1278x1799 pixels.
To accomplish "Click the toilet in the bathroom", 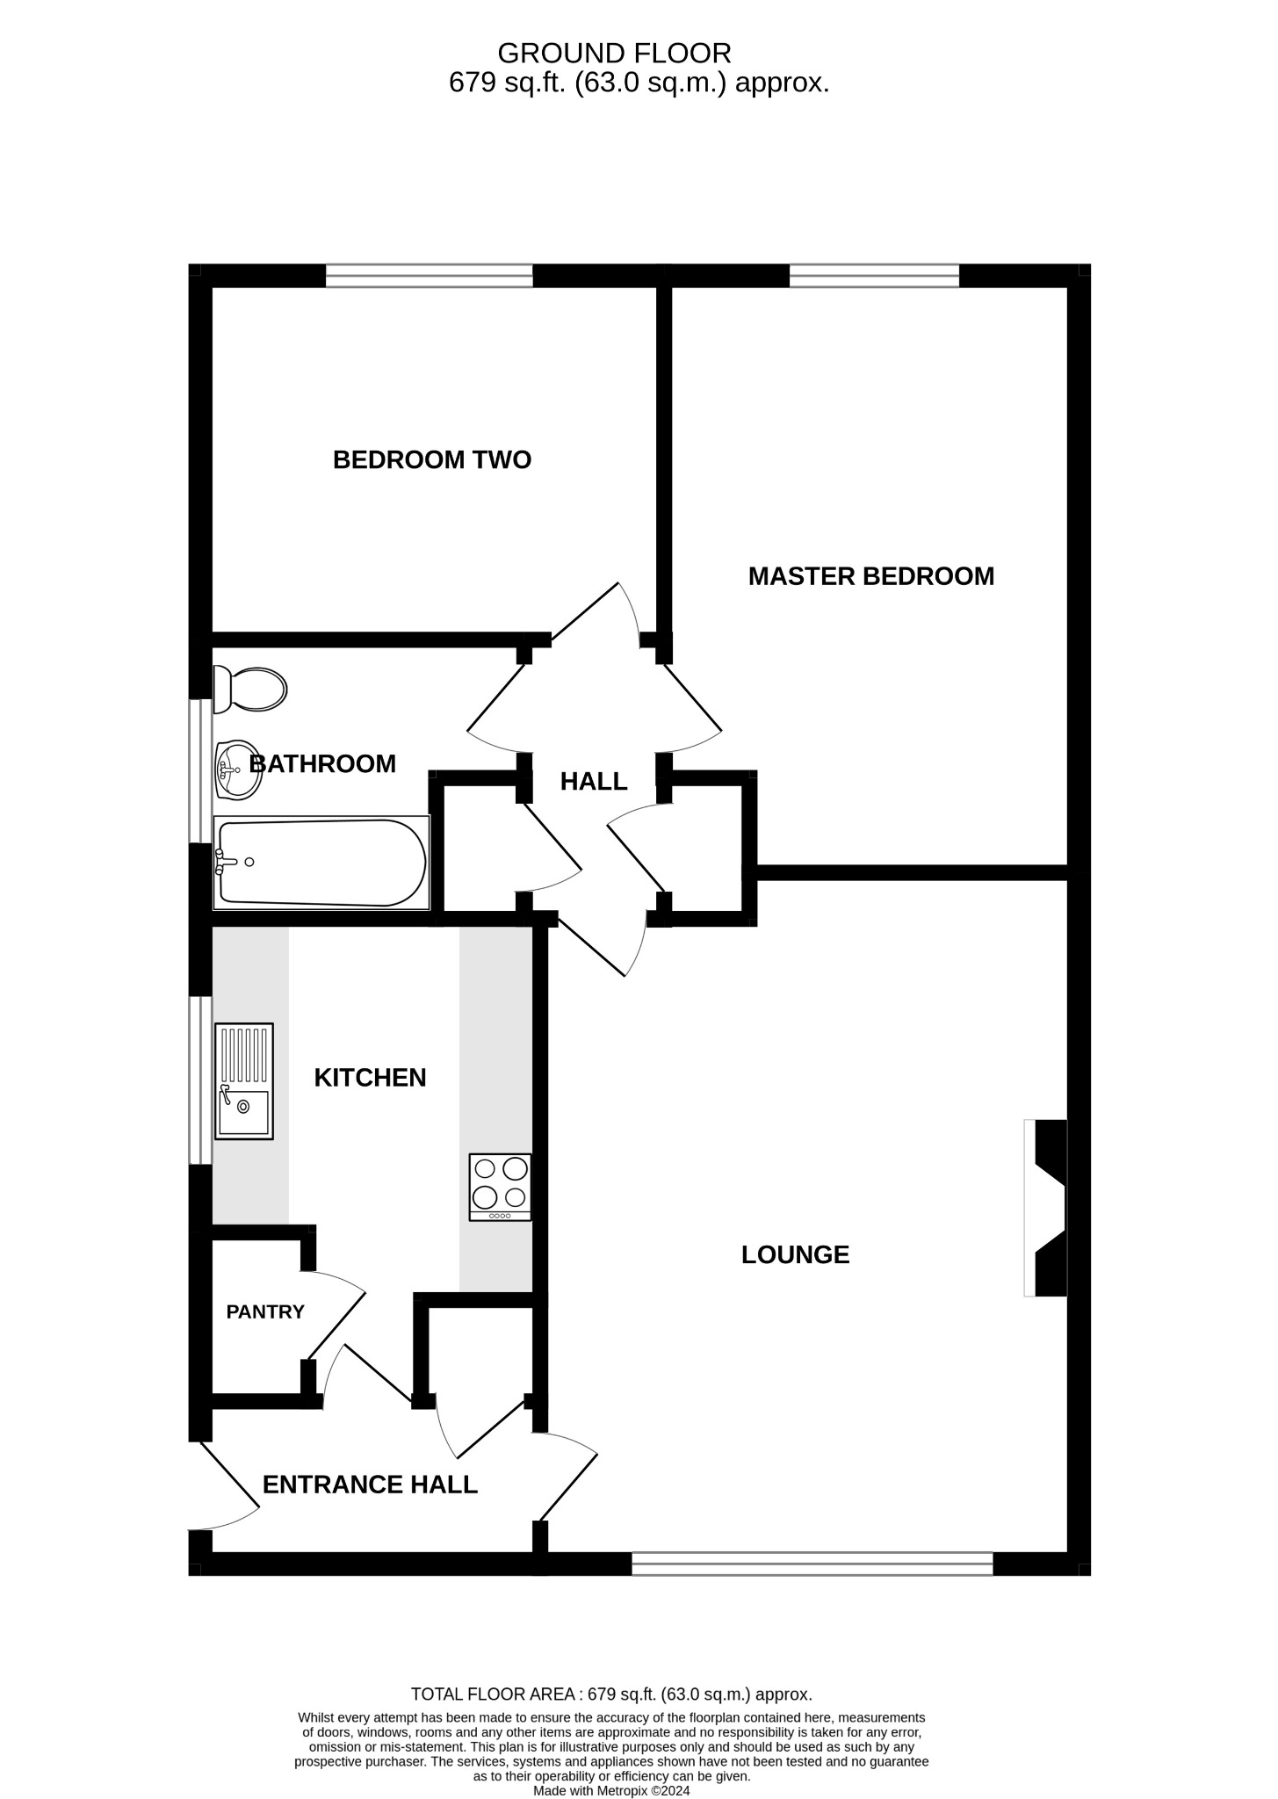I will [x=251, y=690].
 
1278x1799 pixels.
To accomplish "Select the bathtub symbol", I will [x=321, y=863].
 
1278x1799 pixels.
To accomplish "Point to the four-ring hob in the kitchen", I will [x=501, y=1186].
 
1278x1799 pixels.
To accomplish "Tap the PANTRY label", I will [x=265, y=1311].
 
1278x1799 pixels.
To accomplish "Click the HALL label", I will [x=594, y=781].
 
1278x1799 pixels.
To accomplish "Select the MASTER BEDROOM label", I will [x=870, y=576].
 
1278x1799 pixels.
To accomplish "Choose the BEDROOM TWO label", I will [x=432, y=459].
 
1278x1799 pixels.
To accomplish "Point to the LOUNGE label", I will [x=795, y=1254].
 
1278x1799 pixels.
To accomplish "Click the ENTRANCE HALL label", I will [x=370, y=1485].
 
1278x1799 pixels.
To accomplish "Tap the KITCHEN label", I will [x=370, y=1077].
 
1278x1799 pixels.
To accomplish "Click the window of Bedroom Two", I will [x=430, y=276].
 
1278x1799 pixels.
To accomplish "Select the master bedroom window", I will [x=874, y=276].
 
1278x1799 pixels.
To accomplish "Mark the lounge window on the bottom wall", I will [x=812, y=1564].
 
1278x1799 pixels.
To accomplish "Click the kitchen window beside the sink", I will [x=201, y=1080].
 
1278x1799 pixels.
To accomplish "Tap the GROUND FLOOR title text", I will [x=614, y=54].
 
